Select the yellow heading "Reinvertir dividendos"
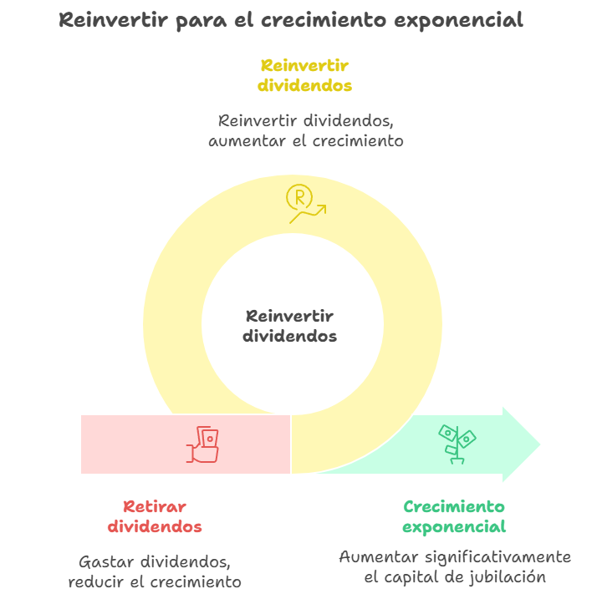(304, 75)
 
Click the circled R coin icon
(299, 198)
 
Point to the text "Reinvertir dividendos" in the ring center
(290, 327)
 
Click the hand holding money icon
(203, 444)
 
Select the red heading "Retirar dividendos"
(155, 516)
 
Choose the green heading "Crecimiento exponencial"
(454, 516)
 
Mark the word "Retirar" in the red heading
(155, 506)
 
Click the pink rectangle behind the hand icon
(134, 444)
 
